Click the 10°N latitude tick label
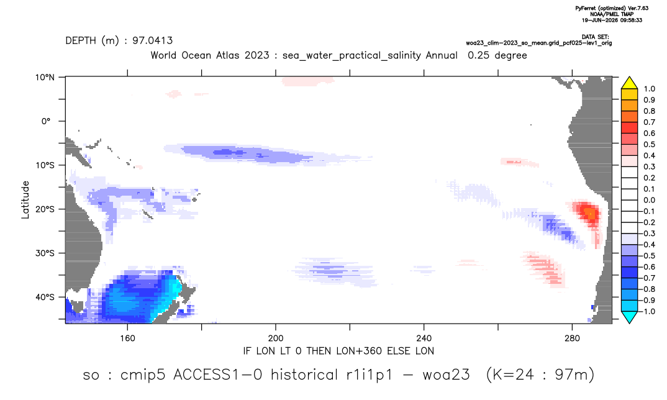(45, 78)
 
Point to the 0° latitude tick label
(47, 121)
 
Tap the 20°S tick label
(45, 209)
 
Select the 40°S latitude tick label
(45, 297)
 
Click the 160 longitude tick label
(127, 339)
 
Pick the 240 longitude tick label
(424, 339)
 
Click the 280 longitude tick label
(572, 339)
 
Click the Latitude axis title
(25, 200)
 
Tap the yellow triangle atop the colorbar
(629, 83)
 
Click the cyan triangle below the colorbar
(629, 317)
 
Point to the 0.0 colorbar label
(649, 200)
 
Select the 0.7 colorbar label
(649, 122)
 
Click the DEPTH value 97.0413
(152, 40)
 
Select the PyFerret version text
(612, 9)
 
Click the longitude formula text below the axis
(338, 351)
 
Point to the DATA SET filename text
(539, 43)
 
